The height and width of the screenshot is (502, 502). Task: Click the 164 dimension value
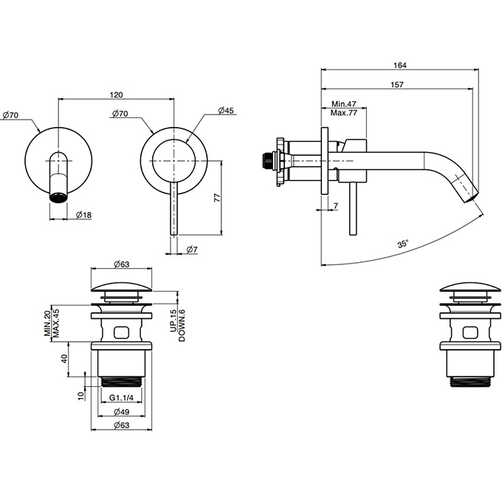[399, 65]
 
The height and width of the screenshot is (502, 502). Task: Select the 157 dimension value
[397, 85]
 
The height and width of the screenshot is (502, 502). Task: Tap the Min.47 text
[343, 104]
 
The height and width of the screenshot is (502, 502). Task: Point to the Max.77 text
[343, 113]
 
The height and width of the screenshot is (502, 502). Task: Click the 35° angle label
[403, 244]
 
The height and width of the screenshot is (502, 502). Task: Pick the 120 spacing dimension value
[116, 94]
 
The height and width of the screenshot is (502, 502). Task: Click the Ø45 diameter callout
[226, 111]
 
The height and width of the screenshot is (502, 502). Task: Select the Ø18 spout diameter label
[84, 215]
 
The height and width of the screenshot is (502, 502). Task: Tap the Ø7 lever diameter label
[191, 249]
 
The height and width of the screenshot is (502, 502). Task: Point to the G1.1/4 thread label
[121, 398]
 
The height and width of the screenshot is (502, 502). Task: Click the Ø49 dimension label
[122, 412]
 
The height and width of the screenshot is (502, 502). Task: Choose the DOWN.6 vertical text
[182, 326]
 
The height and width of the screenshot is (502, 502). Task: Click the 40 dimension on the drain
[64, 359]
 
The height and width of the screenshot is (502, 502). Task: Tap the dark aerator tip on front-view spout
[59, 196]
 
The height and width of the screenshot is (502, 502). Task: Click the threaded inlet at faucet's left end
[268, 160]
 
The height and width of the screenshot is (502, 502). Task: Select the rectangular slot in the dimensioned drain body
[121, 332]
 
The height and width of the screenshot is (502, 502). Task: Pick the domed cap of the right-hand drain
[470, 287]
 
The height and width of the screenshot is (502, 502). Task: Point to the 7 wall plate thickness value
[335, 206]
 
